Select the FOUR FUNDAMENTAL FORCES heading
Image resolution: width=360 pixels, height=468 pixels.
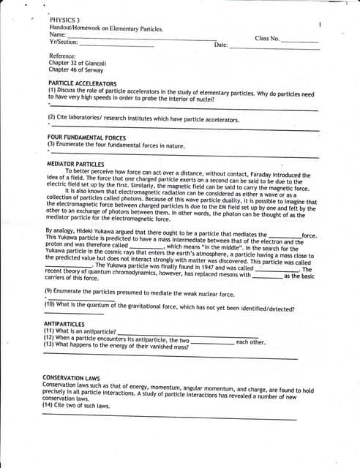coord(86,137)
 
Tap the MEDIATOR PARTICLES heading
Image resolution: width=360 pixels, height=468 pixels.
coord(75,164)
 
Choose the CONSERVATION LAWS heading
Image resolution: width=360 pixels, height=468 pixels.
coord(71,378)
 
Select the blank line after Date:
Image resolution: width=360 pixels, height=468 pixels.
coord(274,47)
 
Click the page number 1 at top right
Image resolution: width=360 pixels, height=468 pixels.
coord(320,25)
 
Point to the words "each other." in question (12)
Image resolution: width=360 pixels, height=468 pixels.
coord(251,342)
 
